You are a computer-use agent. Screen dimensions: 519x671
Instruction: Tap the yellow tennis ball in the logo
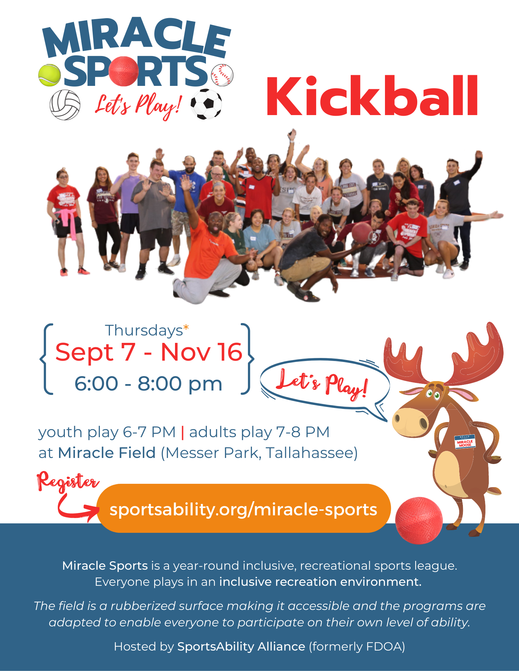coord(49,75)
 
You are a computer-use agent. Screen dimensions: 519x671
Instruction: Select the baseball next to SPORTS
coord(222,75)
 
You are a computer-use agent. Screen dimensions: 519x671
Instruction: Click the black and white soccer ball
coord(206,104)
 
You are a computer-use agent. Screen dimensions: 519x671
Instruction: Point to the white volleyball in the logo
coord(65,105)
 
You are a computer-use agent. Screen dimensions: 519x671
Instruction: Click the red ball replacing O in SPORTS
coord(124,71)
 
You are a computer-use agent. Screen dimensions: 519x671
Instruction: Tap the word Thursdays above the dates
coord(144,330)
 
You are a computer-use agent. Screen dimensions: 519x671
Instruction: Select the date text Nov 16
coord(202,352)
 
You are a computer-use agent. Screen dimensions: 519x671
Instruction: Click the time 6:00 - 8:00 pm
coord(148,383)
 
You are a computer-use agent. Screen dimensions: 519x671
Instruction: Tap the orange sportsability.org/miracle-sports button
coord(244,508)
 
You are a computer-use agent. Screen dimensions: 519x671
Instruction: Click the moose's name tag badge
coord(465,442)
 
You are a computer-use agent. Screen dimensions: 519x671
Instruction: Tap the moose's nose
coord(410,422)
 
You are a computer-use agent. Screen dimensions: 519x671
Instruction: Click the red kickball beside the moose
coord(419,520)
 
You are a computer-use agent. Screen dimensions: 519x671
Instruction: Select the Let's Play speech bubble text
coord(322,384)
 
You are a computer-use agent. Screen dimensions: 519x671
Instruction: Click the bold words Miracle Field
coord(107,453)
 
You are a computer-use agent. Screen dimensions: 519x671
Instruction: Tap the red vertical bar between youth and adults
coord(182,432)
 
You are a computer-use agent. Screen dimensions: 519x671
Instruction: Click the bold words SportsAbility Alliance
coord(241,646)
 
